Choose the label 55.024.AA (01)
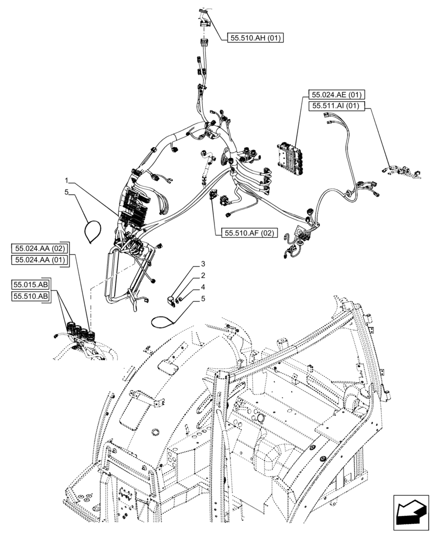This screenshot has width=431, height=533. (39, 260)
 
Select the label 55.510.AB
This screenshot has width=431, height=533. (30, 296)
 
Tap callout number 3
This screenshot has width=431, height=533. (202, 264)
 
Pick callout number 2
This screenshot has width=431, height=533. (202, 276)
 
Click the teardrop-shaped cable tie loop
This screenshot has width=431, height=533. (95, 230)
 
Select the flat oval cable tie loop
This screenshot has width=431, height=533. (165, 320)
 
